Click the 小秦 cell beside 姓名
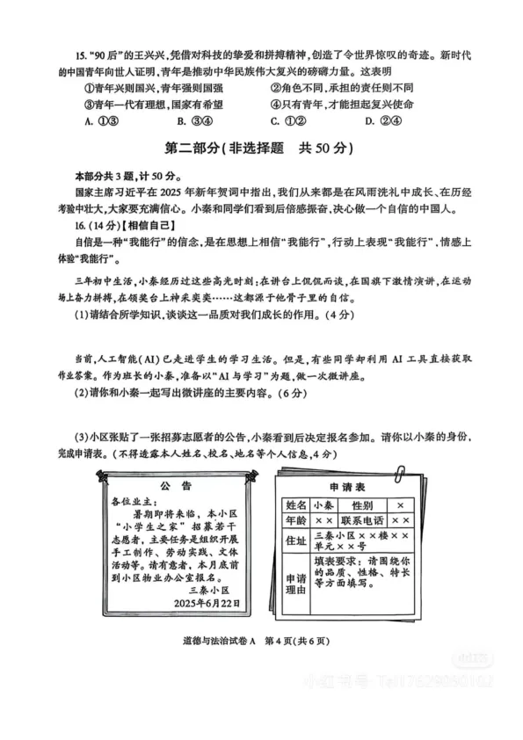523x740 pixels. pos(322,506)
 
